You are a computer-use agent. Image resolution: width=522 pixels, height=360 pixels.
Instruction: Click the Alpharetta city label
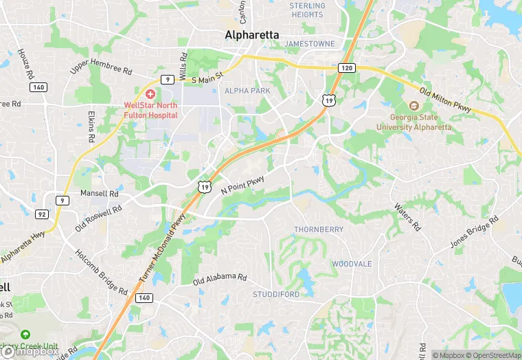pyautogui.click(x=252, y=34)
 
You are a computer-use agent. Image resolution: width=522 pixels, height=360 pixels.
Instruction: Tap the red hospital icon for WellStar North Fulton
pyautogui.click(x=150, y=93)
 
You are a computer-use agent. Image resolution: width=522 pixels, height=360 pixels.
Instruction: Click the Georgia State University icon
pyautogui.click(x=413, y=106)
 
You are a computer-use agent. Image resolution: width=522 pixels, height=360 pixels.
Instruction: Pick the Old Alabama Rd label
pyautogui.click(x=219, y=279)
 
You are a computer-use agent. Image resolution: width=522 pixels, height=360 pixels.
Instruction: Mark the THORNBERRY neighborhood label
pyautogui.click(x=318, y=229)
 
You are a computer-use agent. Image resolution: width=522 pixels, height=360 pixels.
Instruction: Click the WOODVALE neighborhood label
pyautogui.click(x=352, y=264)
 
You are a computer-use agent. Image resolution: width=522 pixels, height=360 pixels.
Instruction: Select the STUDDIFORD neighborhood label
pyautogui.click(x=276, y=295)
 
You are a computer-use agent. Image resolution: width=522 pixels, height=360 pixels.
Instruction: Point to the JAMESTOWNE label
pyautogui.click(x=310, y=43)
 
